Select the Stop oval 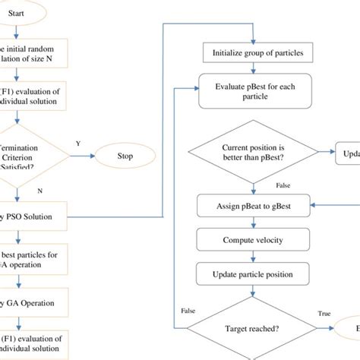pyautogui.click(x=125, y=157)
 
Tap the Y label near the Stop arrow pyautogui.click(x=78, y=143)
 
